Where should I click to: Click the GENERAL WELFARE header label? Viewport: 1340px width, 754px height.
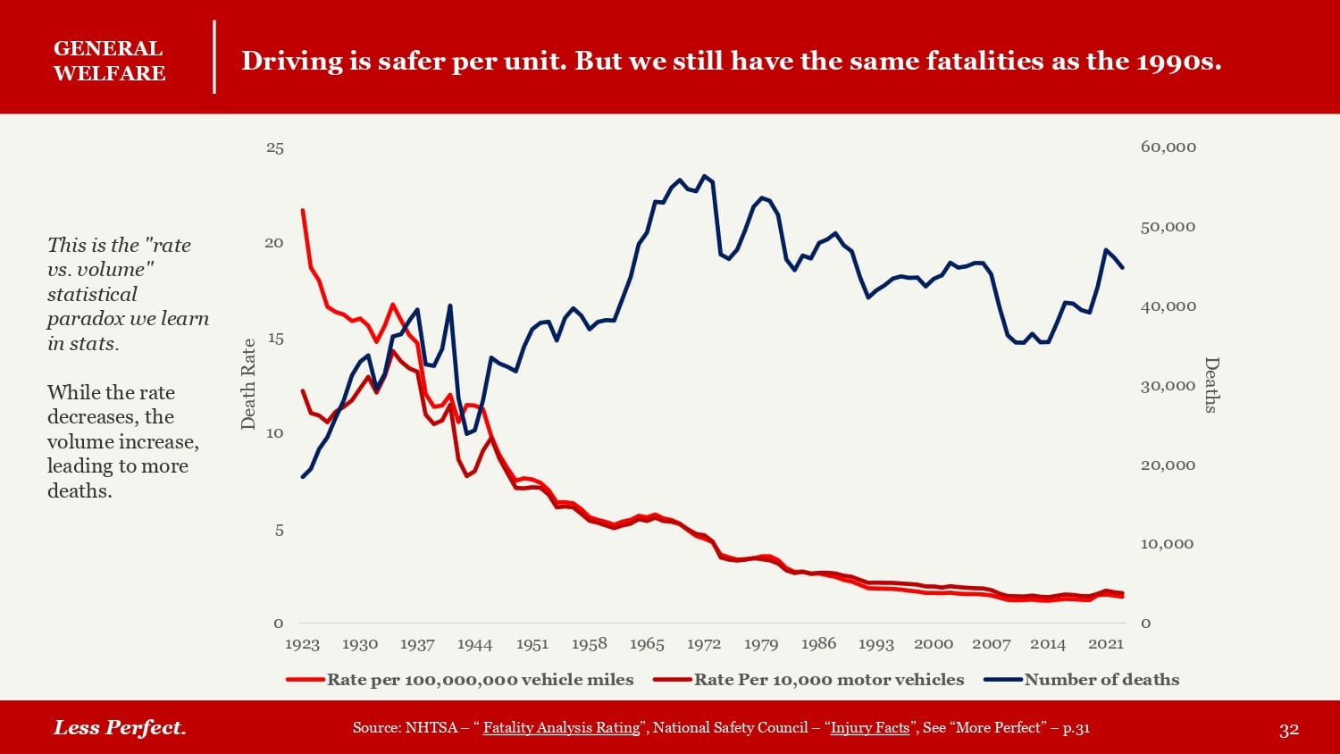tap(109, 61)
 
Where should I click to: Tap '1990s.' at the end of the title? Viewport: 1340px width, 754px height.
tap(1178, 61)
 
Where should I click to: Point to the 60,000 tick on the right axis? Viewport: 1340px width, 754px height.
tap(1168, 147)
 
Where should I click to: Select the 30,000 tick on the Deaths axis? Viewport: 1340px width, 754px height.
tap(1168, 386)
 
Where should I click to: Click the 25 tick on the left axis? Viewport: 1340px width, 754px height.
tap(275, 148)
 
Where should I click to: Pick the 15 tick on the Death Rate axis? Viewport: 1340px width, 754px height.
tap(275, 339)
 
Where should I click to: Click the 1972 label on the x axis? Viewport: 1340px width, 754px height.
tap(704, 644)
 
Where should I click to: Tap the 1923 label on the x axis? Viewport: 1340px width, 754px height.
tap(302, 644)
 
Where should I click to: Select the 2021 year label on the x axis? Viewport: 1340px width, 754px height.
tap(1105, 644)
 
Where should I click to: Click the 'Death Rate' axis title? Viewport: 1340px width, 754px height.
tap(248, 384)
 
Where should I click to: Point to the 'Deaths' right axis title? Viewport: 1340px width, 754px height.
tap(1211, 385)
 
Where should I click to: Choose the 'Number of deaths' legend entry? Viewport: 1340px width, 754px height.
tap(1101, 680)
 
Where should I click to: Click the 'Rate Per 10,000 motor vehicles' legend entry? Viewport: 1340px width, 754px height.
tap(828, 680)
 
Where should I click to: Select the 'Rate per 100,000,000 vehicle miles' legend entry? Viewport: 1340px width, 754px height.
tap(480, 680)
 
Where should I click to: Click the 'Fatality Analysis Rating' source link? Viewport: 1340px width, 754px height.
tap(561, 728)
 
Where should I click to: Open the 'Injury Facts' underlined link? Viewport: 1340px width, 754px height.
tap(869, 728)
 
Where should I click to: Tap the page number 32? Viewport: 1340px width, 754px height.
tap(1288, 730)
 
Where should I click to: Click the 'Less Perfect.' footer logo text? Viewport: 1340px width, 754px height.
tap(120, 727)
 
